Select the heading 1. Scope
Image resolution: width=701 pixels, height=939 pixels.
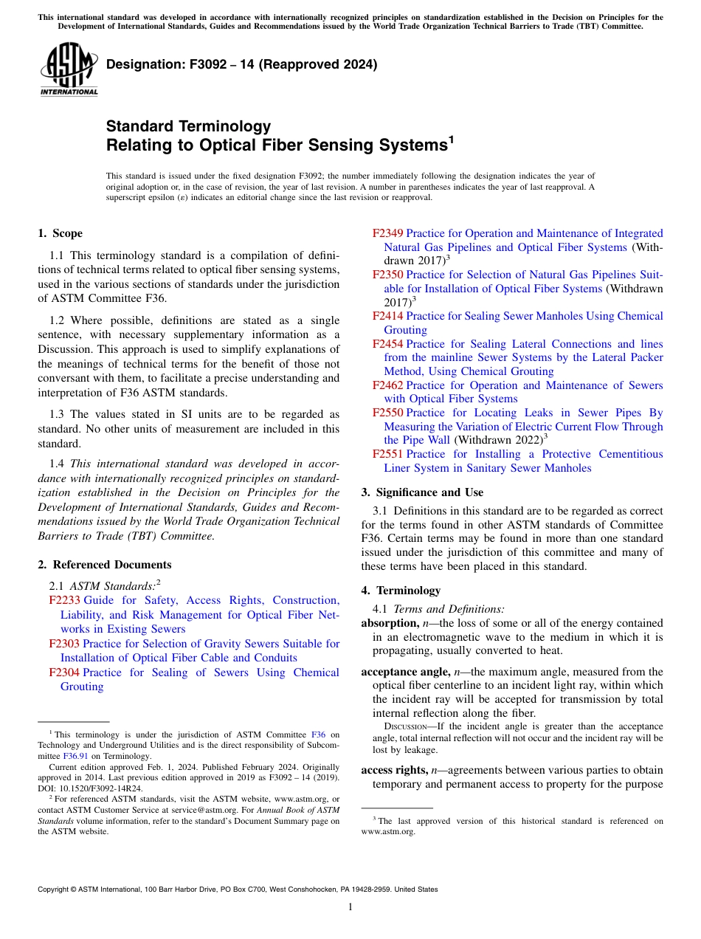click(x=60, y=233)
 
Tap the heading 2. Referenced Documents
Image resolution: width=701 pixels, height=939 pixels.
click(x=104, y=565)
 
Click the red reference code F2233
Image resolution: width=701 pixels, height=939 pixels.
click(x=65, y=601)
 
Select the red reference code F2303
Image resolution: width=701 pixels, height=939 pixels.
click(x=65, y=644)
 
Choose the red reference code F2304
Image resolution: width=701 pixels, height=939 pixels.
click(x=65, y=673)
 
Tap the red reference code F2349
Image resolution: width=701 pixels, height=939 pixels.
click(x=388, y=233)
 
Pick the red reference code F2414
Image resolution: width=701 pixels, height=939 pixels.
click(x=388, y=316)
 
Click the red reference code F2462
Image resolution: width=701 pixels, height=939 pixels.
click(x=388, y=385)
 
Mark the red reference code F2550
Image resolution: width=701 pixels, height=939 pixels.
click(x=388, y=413)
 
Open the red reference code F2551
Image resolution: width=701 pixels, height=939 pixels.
click(x=388, y=454)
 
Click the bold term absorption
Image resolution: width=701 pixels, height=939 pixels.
click(x=388, y=623)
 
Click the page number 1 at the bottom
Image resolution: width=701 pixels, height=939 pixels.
click(x=350, y=907)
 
